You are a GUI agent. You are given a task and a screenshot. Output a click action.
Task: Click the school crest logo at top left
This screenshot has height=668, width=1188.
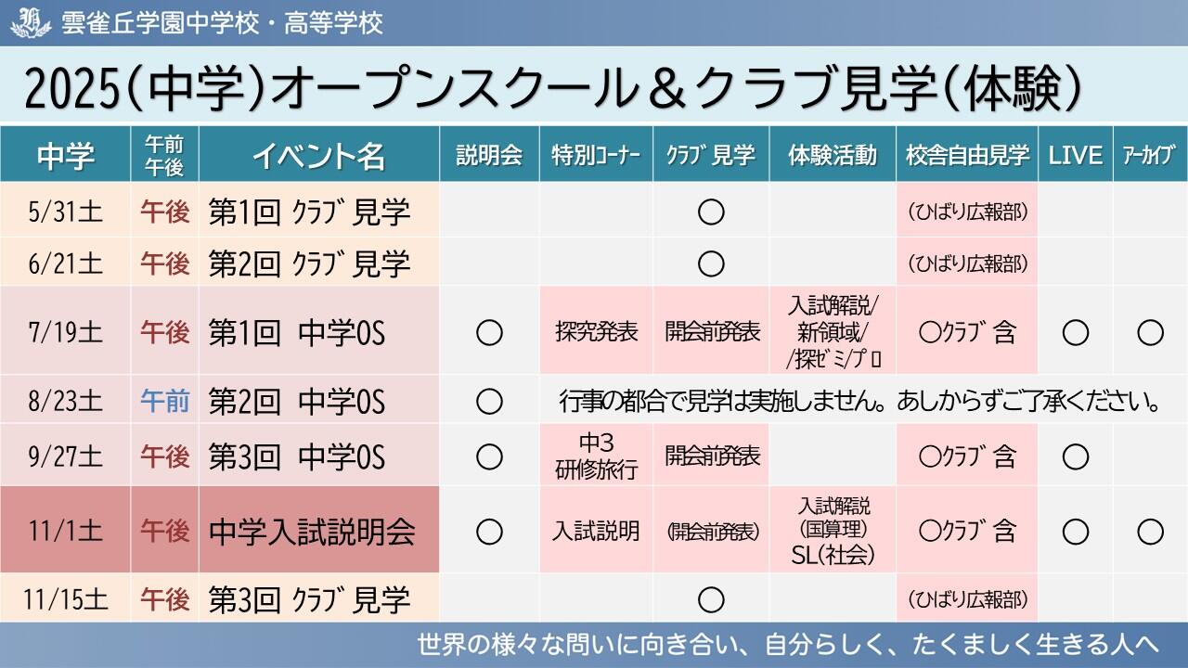[32, 22]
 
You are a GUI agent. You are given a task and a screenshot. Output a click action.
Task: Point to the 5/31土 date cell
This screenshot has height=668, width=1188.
[65, 212]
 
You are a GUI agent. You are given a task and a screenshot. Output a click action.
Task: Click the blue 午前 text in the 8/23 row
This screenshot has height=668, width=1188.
[164, 401]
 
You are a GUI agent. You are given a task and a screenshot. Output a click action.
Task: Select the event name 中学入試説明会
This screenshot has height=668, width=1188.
[312, 532]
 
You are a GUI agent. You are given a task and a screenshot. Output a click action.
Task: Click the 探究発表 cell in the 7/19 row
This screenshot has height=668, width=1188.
[596, 331]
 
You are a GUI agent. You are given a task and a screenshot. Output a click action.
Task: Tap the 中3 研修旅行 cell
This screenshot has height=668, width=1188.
[596, 455]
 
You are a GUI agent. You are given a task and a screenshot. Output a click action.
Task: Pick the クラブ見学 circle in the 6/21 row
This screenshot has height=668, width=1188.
[711, 264]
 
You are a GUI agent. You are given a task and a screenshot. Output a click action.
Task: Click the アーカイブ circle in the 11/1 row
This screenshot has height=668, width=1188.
[1150, 532]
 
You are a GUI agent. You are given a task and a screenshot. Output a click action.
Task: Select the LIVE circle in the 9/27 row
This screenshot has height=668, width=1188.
[1075, 456]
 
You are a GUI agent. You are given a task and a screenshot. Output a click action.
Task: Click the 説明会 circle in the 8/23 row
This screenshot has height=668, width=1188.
[489, 401]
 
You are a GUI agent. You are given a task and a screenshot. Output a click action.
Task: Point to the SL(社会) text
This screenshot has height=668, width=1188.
[833, 554]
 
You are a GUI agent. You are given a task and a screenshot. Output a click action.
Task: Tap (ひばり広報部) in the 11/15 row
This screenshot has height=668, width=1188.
[967, 598]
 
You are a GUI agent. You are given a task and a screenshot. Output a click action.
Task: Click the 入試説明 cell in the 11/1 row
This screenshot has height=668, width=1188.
[596, 532]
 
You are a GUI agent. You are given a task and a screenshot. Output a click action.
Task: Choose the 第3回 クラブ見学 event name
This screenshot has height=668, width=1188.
[310, 599]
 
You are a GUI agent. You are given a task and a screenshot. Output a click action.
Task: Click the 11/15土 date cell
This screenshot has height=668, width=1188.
[65, 599]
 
